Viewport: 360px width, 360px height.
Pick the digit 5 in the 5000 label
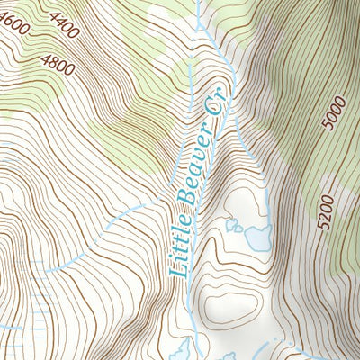coord(330,130)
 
